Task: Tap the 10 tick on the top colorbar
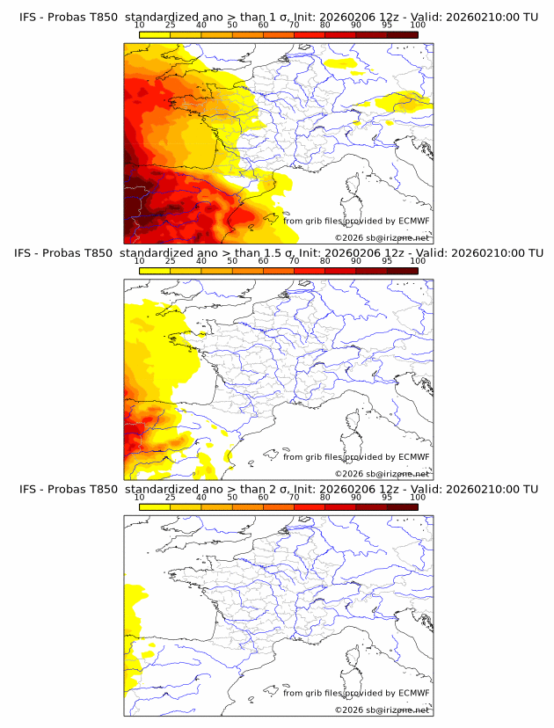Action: coord(140,25)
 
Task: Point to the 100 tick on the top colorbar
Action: coord(418,25)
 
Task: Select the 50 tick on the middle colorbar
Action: coord(232,261)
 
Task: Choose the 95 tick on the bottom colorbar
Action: coord(387,497)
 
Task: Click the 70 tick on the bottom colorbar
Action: coord(295,497)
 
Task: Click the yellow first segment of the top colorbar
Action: coord(155,34)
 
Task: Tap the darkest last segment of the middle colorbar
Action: coord(402,271)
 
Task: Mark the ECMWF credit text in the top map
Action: coord(356,221)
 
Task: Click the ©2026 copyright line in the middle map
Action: coord(382,473)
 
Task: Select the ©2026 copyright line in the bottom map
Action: coord(382,710)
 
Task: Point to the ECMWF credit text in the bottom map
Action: coord(356,693)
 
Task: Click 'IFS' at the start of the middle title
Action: coord(28,253)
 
